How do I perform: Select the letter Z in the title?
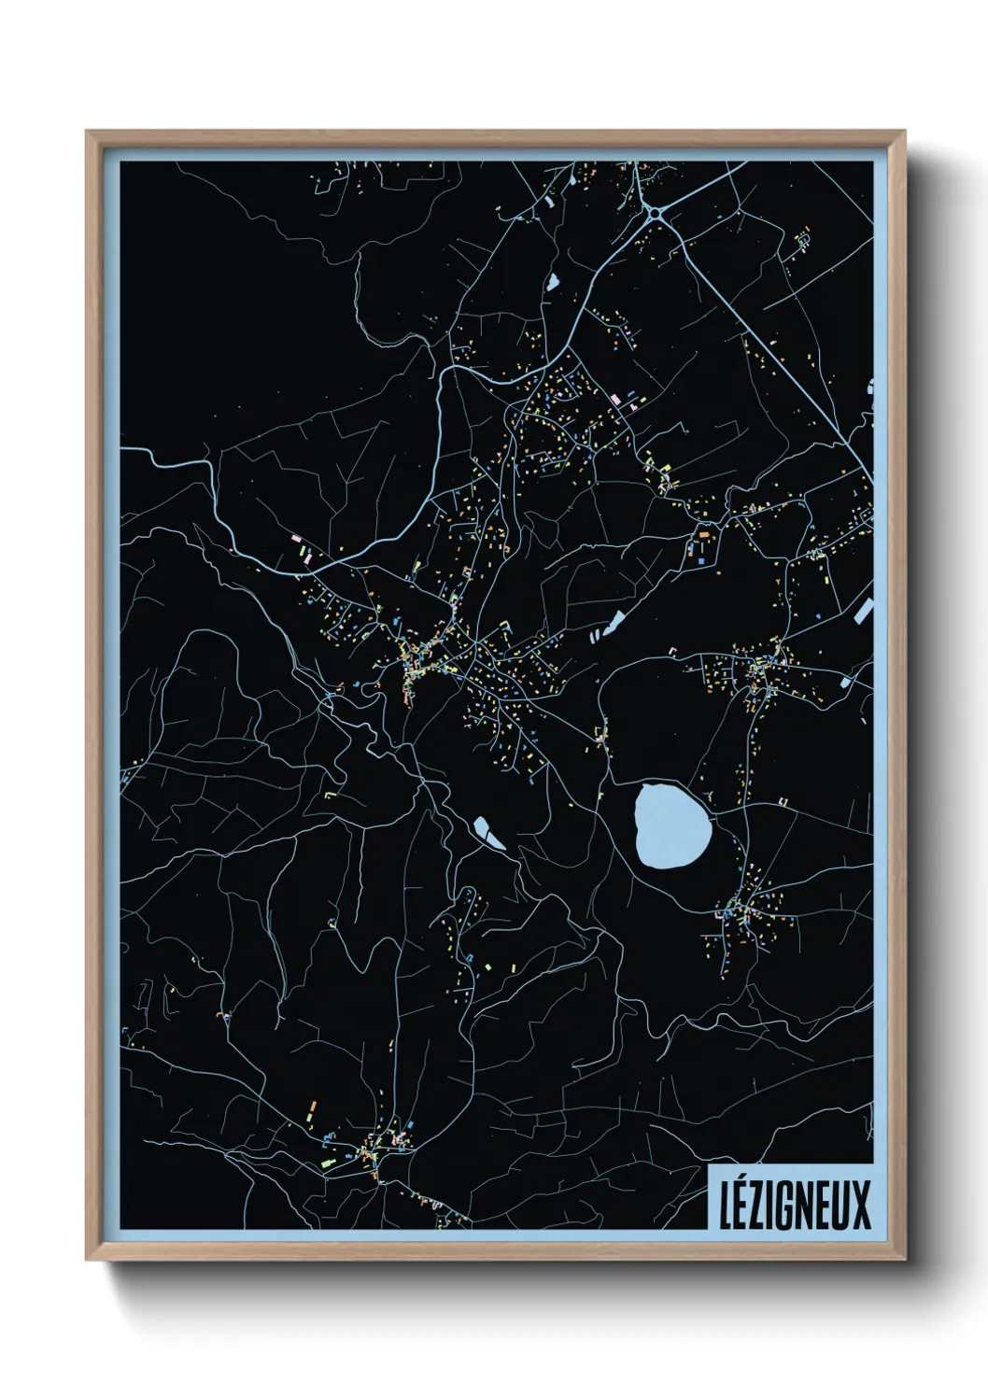pos(760,1206)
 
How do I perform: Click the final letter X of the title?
pos(861,1206)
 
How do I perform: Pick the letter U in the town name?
pos(842,1206)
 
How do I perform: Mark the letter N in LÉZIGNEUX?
pos(807,1206)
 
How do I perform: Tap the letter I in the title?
pos(773,1206)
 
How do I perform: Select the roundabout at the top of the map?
pos(656,214)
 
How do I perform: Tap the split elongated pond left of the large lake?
pos(487,832)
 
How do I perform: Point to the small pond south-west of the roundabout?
pos(552,280)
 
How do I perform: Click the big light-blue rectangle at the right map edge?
pos(863,611)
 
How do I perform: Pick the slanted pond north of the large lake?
pos(614,622)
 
